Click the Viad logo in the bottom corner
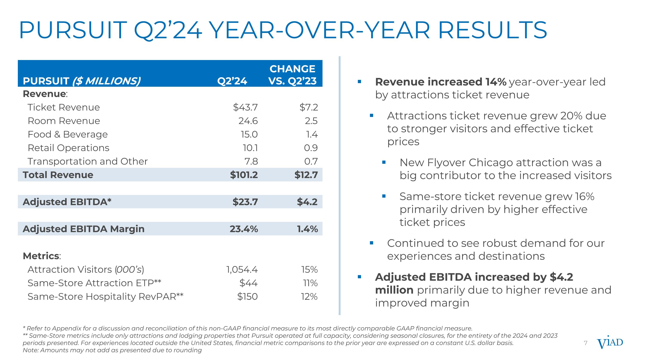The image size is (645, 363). click(x=610, y=343)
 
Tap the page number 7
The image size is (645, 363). click(x=585, y=343)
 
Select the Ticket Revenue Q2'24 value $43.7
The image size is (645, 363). click(x=245, y=107)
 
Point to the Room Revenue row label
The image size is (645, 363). click(x=64, y=121)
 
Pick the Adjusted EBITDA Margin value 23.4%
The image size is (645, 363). click(x=244, y=229)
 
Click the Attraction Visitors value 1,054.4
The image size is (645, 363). click(x=242, y=270)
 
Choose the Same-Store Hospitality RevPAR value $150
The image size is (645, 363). click(x=247, y=297)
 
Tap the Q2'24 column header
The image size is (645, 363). click(x=232, y=81)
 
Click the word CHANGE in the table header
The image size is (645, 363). click(x=292, y=69)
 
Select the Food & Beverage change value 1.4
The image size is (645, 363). click(x=312, y=134)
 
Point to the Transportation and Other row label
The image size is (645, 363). click(x=88, y=161)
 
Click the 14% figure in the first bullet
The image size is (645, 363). click(x=496, y=82)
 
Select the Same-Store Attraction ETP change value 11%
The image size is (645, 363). click(x=310, y=283)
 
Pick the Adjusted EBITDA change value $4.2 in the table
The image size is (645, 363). click(x=307, y=202)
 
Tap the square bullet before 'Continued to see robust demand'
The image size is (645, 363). click(x=372, y=243)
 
